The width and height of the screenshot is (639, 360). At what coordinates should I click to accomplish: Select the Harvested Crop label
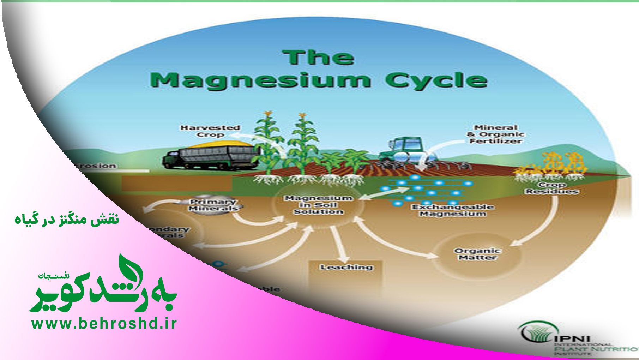(x=210, y=131)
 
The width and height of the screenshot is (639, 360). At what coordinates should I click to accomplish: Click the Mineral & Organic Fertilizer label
(x=495, y=134)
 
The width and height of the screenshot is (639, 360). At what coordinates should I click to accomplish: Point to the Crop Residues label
(x=552, y=188)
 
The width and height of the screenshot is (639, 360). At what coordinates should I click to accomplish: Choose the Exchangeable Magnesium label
(x=453, y=210)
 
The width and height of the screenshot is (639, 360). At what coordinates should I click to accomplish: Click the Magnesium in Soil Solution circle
(x=319, y=205)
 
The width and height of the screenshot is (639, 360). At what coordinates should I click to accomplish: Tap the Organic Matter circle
(x=477, y=254)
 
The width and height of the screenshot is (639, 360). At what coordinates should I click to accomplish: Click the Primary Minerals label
(x=213, y=205)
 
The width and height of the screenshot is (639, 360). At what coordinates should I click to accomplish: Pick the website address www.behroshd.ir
(x=104, y=324)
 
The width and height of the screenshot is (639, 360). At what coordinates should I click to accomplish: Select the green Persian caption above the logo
(x=67, y=220)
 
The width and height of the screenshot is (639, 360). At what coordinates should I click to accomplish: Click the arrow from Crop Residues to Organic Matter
(x=543, y=226)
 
